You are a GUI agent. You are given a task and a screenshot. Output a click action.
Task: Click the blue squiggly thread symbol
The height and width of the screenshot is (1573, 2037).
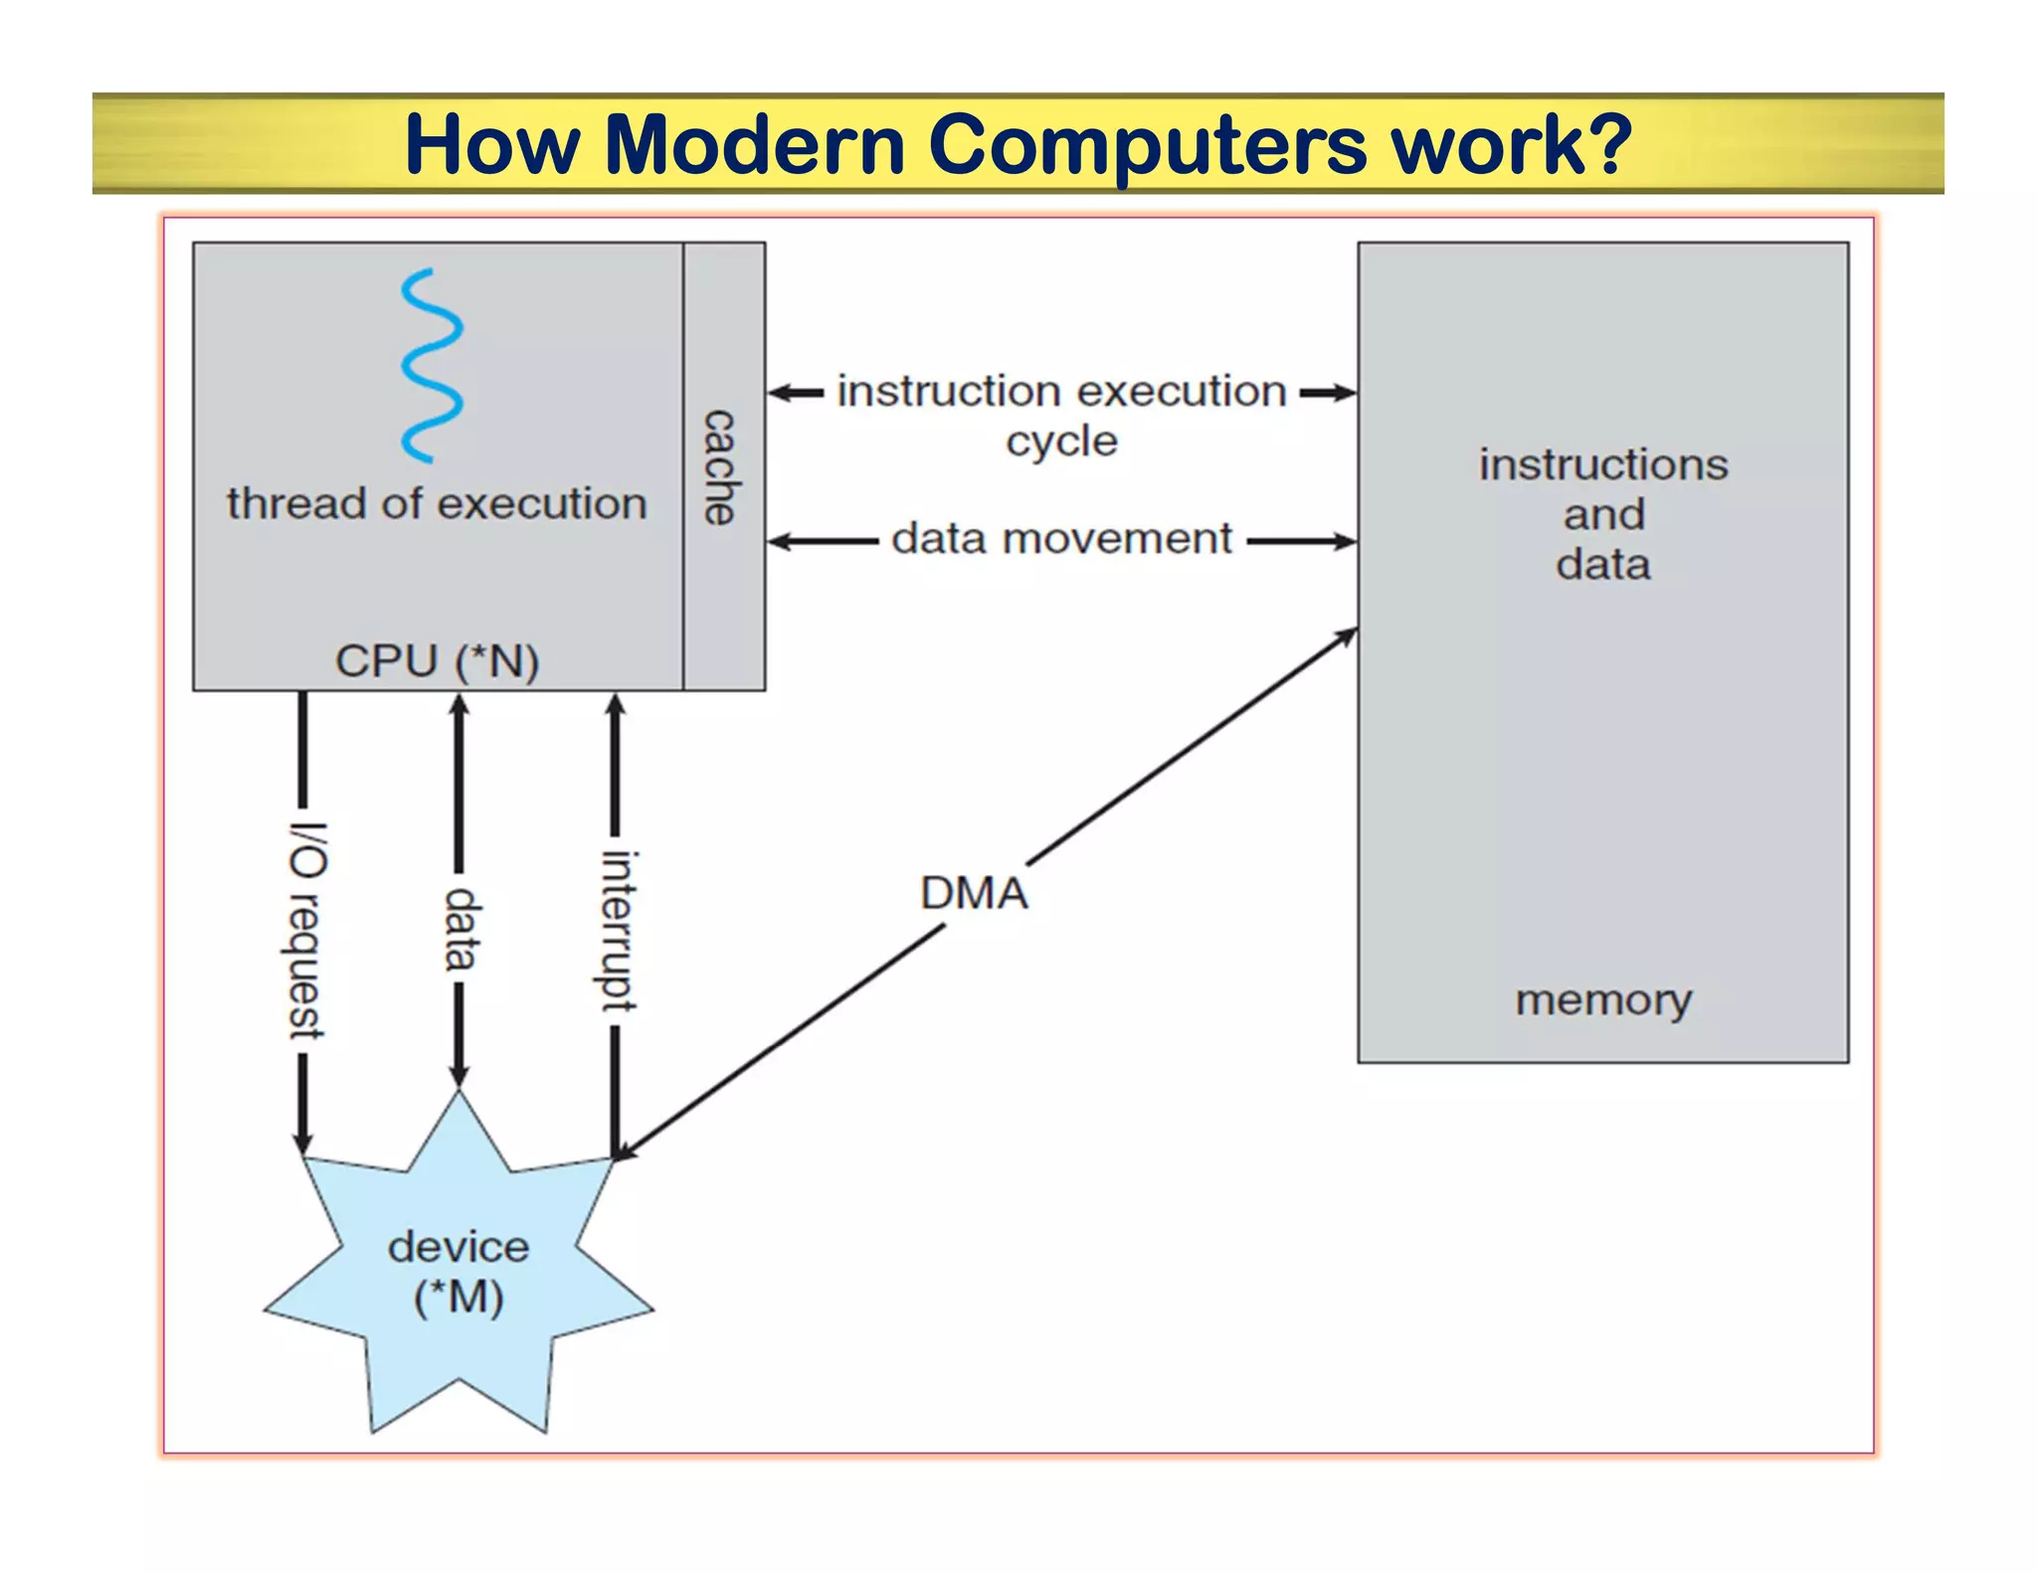432,365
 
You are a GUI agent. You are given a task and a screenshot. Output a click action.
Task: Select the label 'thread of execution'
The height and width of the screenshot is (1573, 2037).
437,504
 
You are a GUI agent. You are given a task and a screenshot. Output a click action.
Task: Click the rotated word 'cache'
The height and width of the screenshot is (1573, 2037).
720,466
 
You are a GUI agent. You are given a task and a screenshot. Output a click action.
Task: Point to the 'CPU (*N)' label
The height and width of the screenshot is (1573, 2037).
437,661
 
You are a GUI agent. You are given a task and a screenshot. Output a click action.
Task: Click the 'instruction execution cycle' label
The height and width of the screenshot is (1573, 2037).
1061,415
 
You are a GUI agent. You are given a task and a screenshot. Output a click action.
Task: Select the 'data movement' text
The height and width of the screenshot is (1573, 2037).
1061,539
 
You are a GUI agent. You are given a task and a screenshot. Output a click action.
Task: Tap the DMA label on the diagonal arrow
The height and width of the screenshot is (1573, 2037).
974,893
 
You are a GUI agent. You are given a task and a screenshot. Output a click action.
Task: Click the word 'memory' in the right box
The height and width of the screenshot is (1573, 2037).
1603,1000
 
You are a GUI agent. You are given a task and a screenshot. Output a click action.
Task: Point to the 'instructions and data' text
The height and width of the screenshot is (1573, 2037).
1603,514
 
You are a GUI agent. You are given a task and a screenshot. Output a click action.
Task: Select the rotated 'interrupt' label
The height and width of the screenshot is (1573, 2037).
618,931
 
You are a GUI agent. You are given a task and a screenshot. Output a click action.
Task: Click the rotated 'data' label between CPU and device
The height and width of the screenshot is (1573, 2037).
461,929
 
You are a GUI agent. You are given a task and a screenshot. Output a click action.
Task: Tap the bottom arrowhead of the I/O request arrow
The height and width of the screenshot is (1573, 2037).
302,1142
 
